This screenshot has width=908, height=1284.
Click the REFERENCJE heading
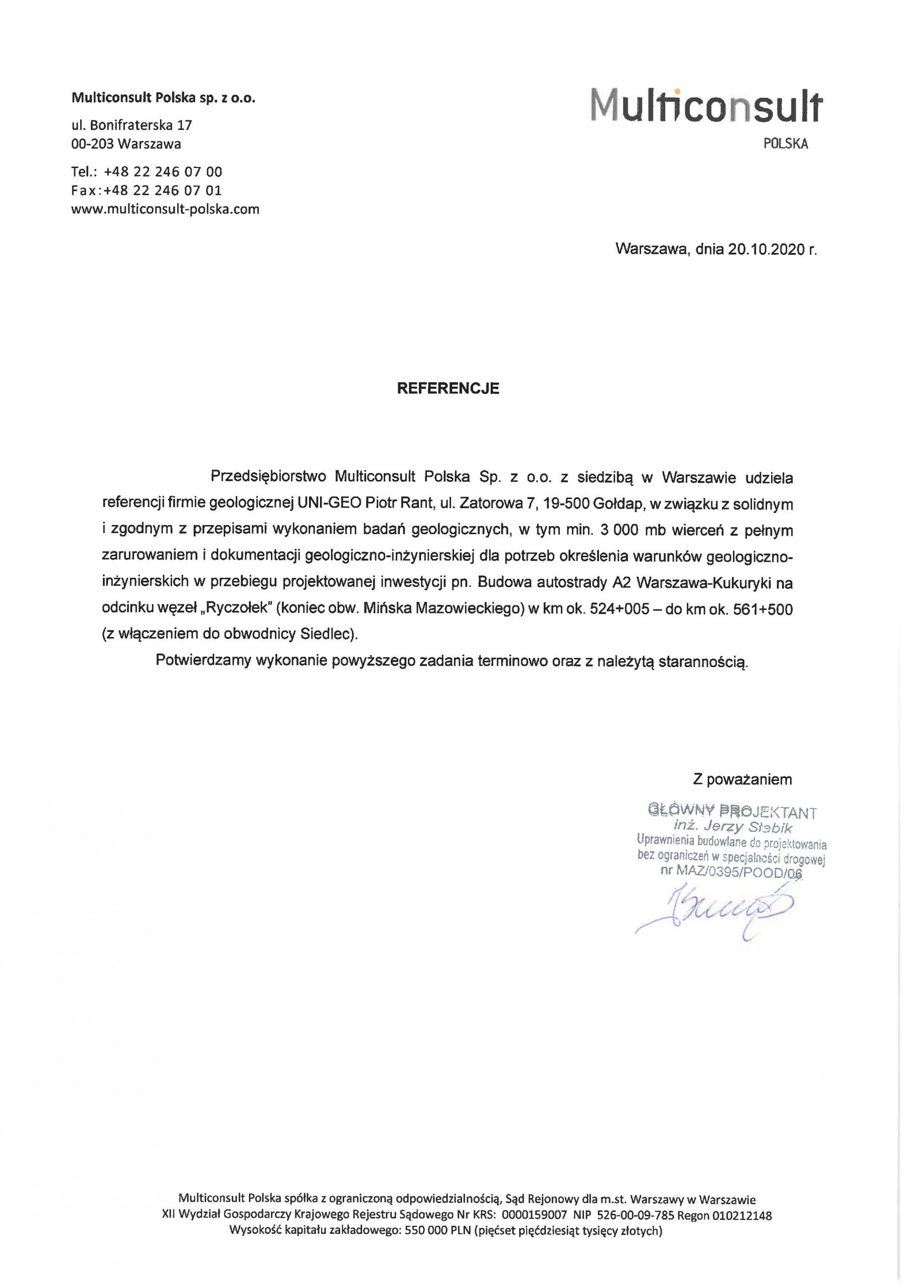[x=447, y=389]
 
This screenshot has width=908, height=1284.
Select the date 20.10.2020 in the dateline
[x=766, y=249]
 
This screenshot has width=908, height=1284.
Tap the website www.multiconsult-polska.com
[x=165, y=210]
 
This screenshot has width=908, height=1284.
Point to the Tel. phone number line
[x=146, y=171]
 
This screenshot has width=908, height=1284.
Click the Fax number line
[x=146, y=190]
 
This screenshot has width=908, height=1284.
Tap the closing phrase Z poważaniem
[x=742, y=779]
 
